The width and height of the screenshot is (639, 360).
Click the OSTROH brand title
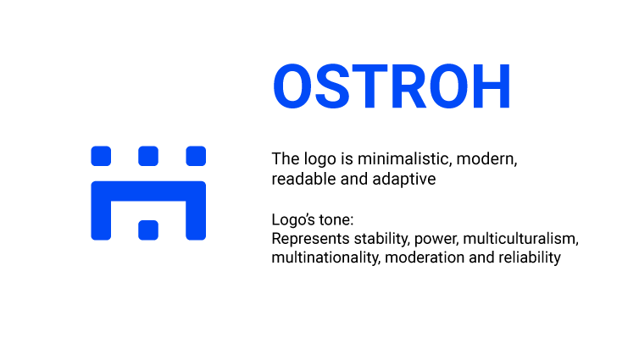tap(392, 86)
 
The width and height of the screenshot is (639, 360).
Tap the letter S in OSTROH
tap(332, 86)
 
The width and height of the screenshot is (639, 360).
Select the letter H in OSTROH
tap(491, 86)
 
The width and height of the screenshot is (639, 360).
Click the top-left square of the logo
tap(101, 156)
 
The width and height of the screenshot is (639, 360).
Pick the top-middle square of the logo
tap(148, 156)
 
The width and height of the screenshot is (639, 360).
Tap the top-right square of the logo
tap(196, 156)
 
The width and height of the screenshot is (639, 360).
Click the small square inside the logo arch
tap(148, 230)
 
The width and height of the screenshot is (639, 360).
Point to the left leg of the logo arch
tap(101, 220)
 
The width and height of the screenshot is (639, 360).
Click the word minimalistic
tap(405, 159)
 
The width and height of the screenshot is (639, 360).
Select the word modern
tap(487, 159)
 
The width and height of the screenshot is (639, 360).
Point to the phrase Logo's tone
tap(313, 219)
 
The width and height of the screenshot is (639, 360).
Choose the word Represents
tap(310, 239)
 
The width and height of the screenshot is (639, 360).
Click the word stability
tap(382, 239)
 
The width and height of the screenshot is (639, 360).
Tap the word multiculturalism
tap(521, 239)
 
